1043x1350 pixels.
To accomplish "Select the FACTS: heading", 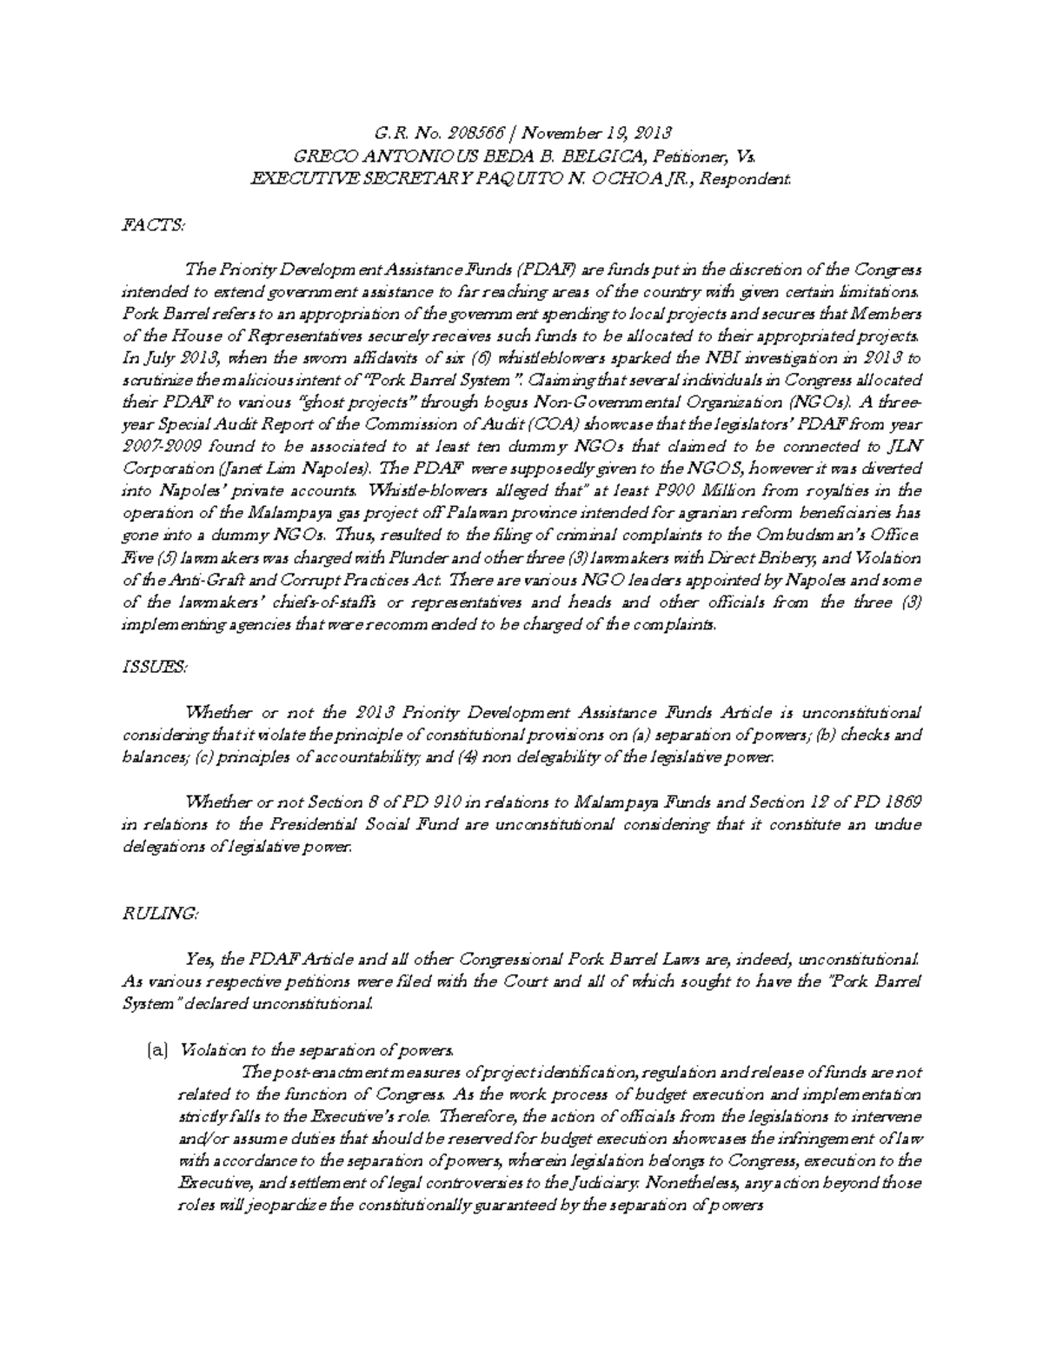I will click(152, 225).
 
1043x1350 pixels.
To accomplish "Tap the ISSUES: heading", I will click(152, 667).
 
